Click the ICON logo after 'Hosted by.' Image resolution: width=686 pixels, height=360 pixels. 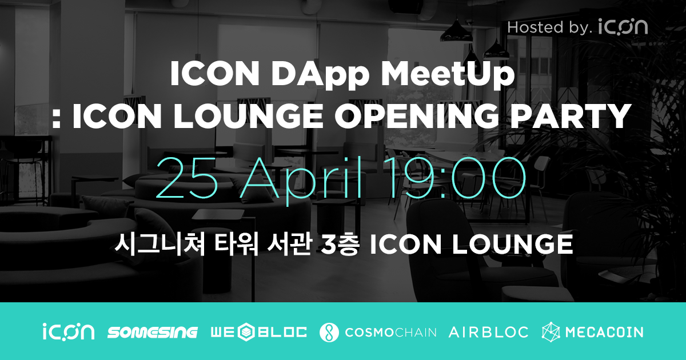click(623, 26)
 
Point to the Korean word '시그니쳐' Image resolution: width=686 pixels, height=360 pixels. click(151, 244)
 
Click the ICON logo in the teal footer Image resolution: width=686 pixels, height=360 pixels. click(68, 332)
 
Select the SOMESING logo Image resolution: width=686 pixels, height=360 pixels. click(152, 332)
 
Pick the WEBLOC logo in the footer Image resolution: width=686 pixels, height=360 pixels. click(258, 332)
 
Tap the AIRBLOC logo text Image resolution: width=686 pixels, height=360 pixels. click(488, 332)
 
